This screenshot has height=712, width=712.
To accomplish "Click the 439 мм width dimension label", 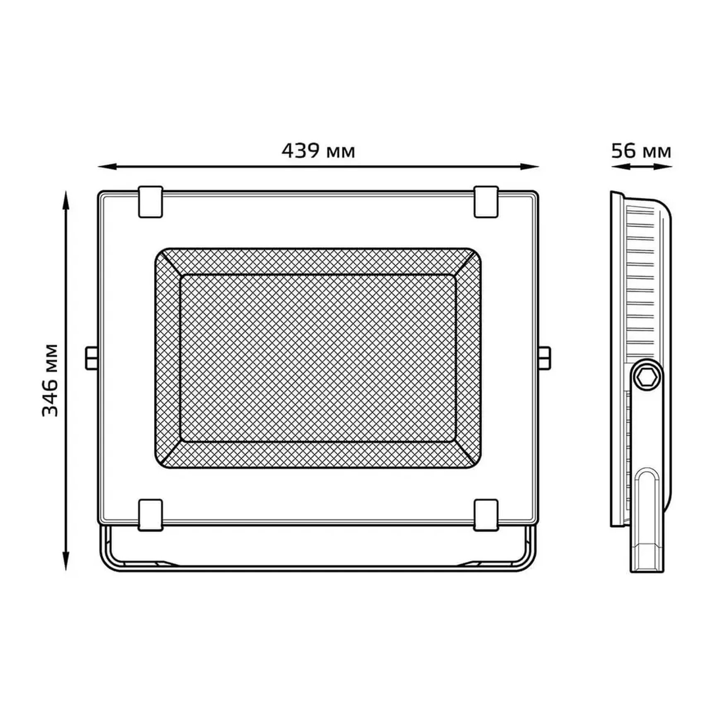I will pos(318,151).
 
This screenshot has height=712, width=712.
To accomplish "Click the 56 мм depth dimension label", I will pos(641,151).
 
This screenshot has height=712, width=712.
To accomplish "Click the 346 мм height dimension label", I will pos(51,380).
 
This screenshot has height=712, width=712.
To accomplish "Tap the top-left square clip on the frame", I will pos(150,202).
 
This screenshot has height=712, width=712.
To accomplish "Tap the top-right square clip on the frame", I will pos(486,202).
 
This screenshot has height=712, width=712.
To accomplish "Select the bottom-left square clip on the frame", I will pos(150,515).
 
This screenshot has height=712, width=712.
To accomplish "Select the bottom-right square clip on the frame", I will pos(486,515).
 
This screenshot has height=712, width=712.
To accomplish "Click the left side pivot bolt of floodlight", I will pos(91,358).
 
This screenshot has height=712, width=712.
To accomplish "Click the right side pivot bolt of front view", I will pos(545,358).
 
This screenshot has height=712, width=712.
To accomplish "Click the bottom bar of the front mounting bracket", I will pos(318,568).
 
